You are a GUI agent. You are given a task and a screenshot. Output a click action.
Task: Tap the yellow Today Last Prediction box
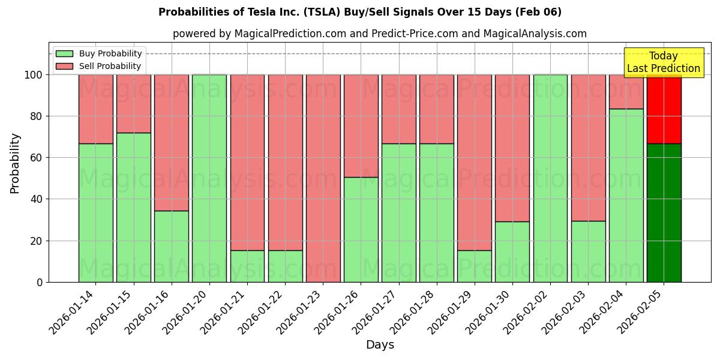[663, 62]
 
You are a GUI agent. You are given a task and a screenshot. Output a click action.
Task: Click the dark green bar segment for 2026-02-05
[664, 213]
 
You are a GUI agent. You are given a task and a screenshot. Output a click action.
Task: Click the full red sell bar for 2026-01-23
[323, 178]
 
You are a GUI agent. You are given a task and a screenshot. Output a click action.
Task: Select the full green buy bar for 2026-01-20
[209, 178]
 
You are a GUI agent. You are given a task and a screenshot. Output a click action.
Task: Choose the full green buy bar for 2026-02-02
[550, 178]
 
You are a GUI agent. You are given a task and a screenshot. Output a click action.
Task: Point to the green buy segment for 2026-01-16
[171, 246]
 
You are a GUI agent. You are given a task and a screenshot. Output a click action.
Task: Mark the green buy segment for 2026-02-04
[626, 195]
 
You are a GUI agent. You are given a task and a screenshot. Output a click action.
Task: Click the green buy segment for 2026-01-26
[361, 229]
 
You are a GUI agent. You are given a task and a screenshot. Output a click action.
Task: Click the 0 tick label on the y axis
[40, 282]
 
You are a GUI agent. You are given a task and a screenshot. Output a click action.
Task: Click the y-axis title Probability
[15, 163]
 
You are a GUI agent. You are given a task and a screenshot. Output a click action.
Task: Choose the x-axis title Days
[380, 345]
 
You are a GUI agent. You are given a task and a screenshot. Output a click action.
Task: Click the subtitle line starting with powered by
[379, 34]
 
